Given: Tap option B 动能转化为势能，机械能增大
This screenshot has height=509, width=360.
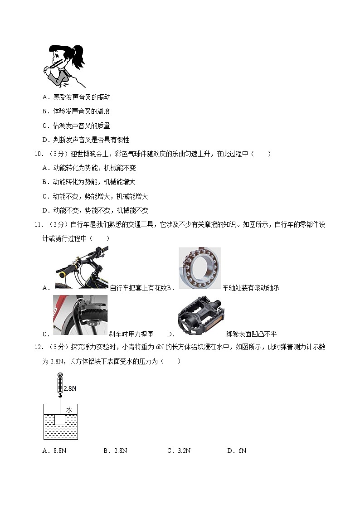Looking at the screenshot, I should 94,182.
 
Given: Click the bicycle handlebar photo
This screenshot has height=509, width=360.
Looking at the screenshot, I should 82,267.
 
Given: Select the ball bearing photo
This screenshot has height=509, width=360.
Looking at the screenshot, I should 199,268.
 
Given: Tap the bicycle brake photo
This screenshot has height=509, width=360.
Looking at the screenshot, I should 80,315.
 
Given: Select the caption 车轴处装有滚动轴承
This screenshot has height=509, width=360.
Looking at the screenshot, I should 250,288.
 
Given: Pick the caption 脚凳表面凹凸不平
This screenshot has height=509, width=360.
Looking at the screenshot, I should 251,334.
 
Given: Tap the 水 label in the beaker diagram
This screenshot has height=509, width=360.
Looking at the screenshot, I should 69,409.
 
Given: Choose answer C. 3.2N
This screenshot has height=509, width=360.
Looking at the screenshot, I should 179,451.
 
